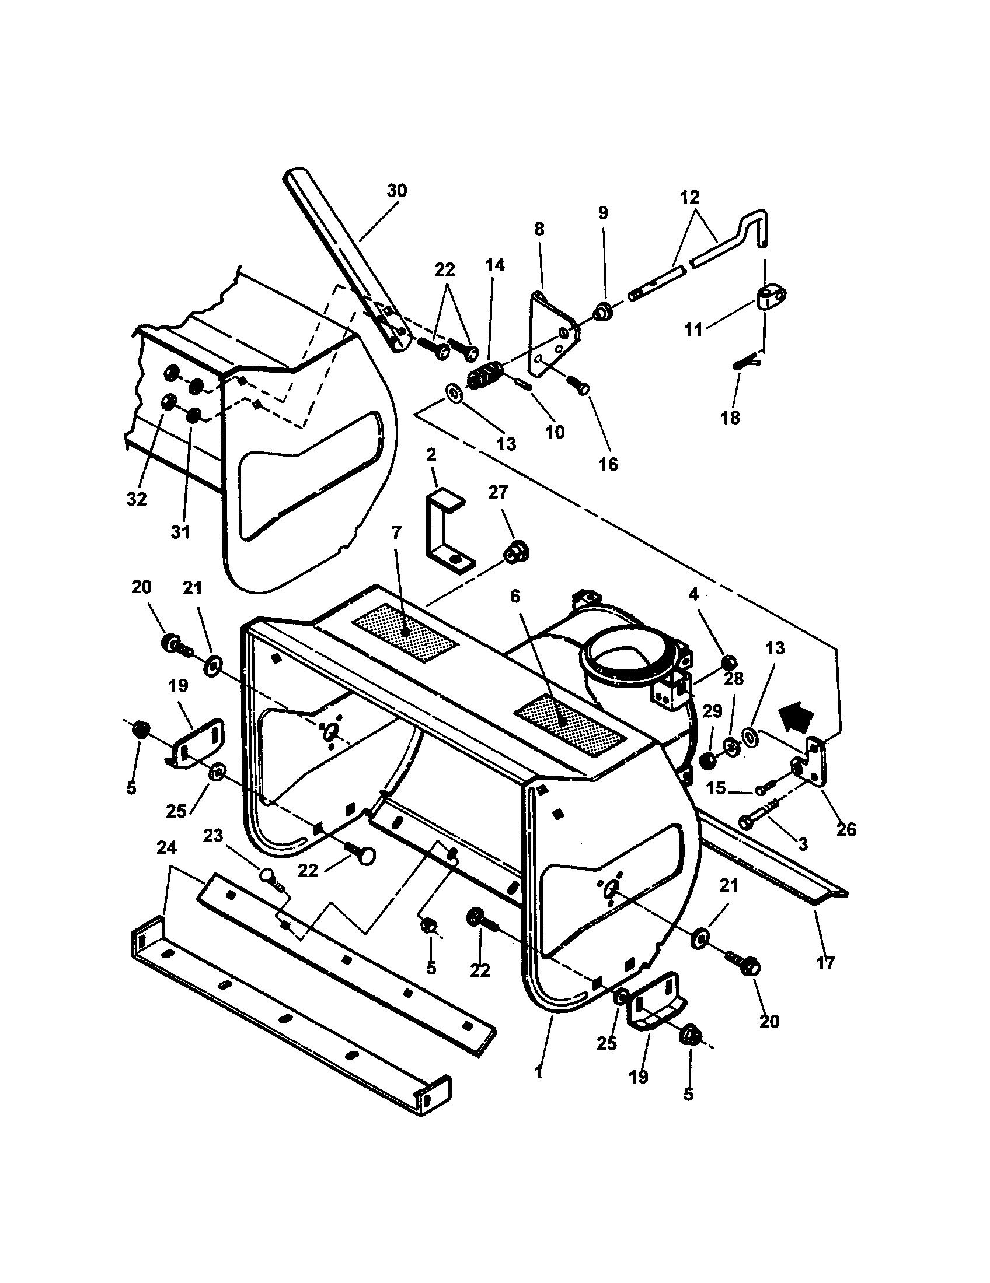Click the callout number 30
397,191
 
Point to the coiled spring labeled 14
486,376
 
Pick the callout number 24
166,848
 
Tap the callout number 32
137,499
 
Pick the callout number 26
846,829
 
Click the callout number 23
214,835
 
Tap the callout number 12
690,197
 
